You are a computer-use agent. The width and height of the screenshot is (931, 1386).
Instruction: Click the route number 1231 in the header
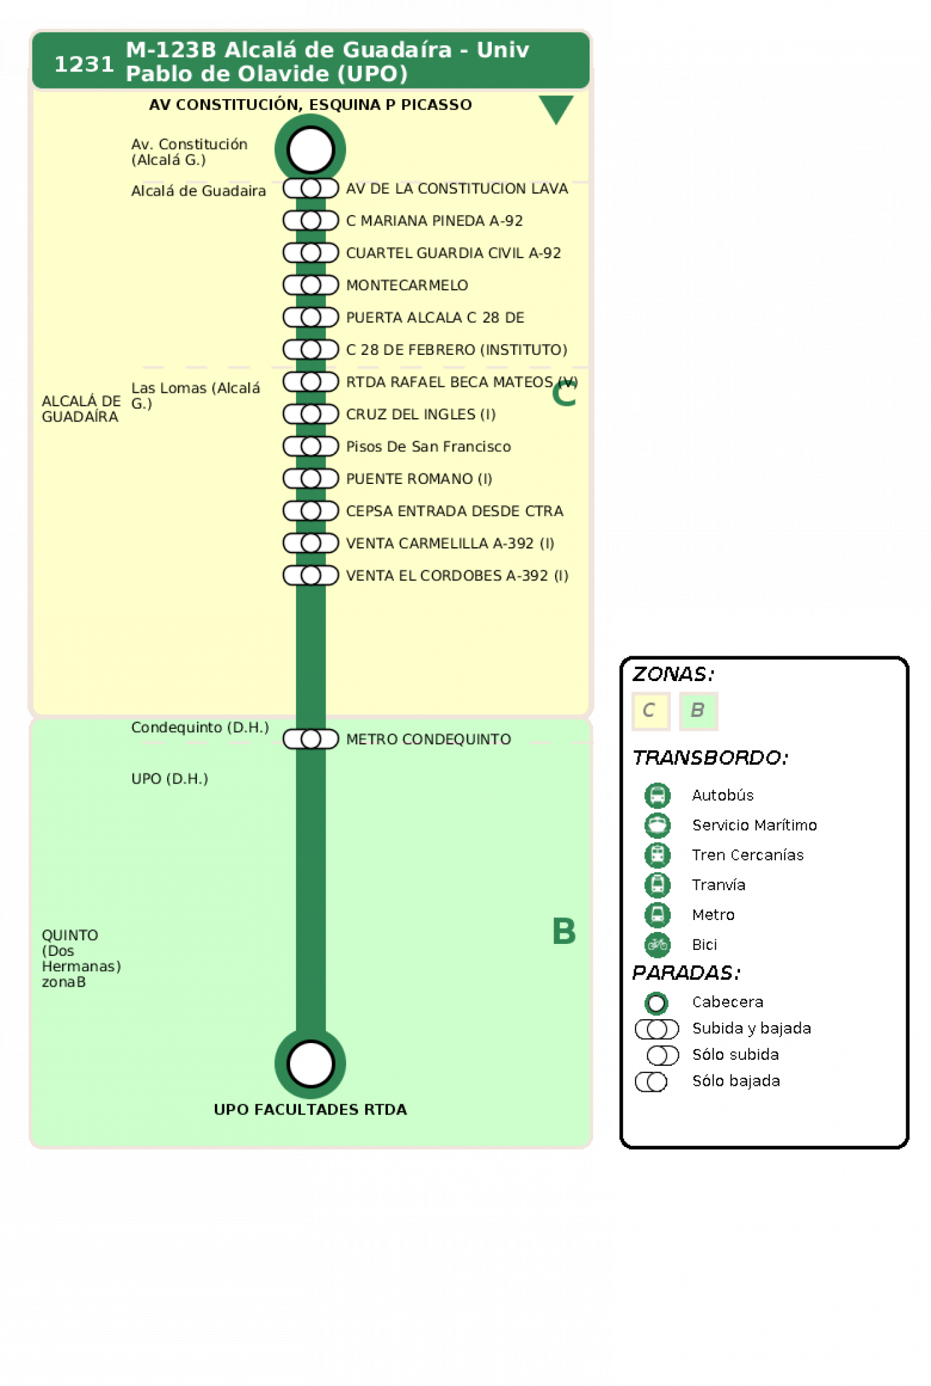(84, 64)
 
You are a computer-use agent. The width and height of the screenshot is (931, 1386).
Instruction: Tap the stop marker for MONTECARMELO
(311, 285)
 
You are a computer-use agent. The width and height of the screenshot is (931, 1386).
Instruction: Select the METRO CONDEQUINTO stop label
(429, 739)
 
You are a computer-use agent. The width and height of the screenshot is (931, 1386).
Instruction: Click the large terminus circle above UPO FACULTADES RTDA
(311, 1063)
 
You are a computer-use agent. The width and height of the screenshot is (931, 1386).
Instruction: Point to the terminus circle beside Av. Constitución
(311, 149)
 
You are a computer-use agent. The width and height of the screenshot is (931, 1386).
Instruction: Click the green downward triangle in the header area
(556, 109)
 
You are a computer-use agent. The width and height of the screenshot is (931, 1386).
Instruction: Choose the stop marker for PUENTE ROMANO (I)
(311, 479)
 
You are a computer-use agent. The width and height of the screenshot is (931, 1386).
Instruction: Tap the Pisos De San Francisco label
(429, 447)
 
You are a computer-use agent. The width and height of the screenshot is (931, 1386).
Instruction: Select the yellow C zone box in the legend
(650, 711)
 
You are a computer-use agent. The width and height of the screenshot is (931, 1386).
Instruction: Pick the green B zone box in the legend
(698, 711)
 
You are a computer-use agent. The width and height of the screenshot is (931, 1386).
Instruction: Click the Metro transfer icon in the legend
(657, 915)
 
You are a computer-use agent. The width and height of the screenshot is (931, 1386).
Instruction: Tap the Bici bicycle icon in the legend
(657, 945)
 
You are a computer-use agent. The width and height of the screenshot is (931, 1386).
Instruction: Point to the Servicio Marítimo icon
(657, 825)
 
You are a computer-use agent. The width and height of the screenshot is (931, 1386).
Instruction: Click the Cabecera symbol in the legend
(656, 1003)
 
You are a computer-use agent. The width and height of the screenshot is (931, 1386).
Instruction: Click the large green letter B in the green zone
(564, 931)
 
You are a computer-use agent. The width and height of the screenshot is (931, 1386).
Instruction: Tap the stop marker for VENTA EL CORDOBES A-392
(311, 575)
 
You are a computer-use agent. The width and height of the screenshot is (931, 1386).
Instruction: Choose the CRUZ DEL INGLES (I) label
(421, 414)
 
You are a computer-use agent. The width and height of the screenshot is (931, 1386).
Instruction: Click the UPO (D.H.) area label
(170, 778)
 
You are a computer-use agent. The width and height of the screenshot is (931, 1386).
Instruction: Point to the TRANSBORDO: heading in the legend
(710, 758)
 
